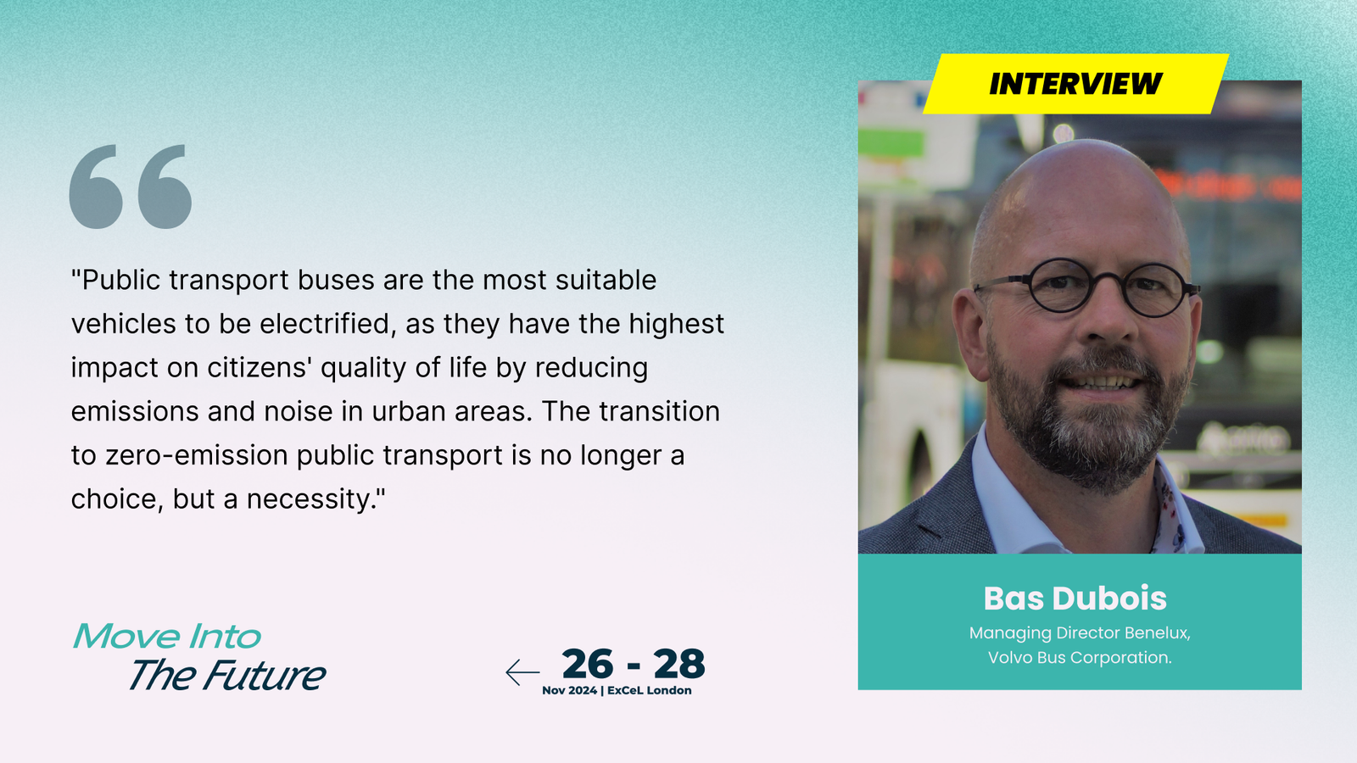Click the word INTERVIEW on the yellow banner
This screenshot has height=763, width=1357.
pyautogui.click(x=1075, y=84)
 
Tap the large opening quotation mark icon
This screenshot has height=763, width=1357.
pyautogui.click(x=131, y=187)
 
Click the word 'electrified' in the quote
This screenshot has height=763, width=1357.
pyautogui.click(x=327, y=323)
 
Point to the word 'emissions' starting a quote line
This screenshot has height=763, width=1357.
pyautogui.click(x=135, y=412)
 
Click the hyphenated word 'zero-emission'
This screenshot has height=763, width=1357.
pyautogui.click(x=196, y=455)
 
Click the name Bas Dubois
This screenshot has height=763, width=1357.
pyautogui.click(x=1075, y=599)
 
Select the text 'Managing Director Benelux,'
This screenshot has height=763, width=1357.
pyautogui.click(x=1080, y=633)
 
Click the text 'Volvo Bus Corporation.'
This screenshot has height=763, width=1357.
pyautogui.click(x=1080, y=658)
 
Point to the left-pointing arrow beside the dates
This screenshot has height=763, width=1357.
pyautogui.click(x=522, y=672)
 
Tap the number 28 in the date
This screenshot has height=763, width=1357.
pyautogui.click(x=679, y=665)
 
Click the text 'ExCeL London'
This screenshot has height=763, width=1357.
pyautogui.click(x=650, y=690)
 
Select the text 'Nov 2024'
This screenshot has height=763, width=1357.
pyautogui.click(x=569, y=690)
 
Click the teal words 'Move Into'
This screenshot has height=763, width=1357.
pyautogui.click(x=166, y=637)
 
